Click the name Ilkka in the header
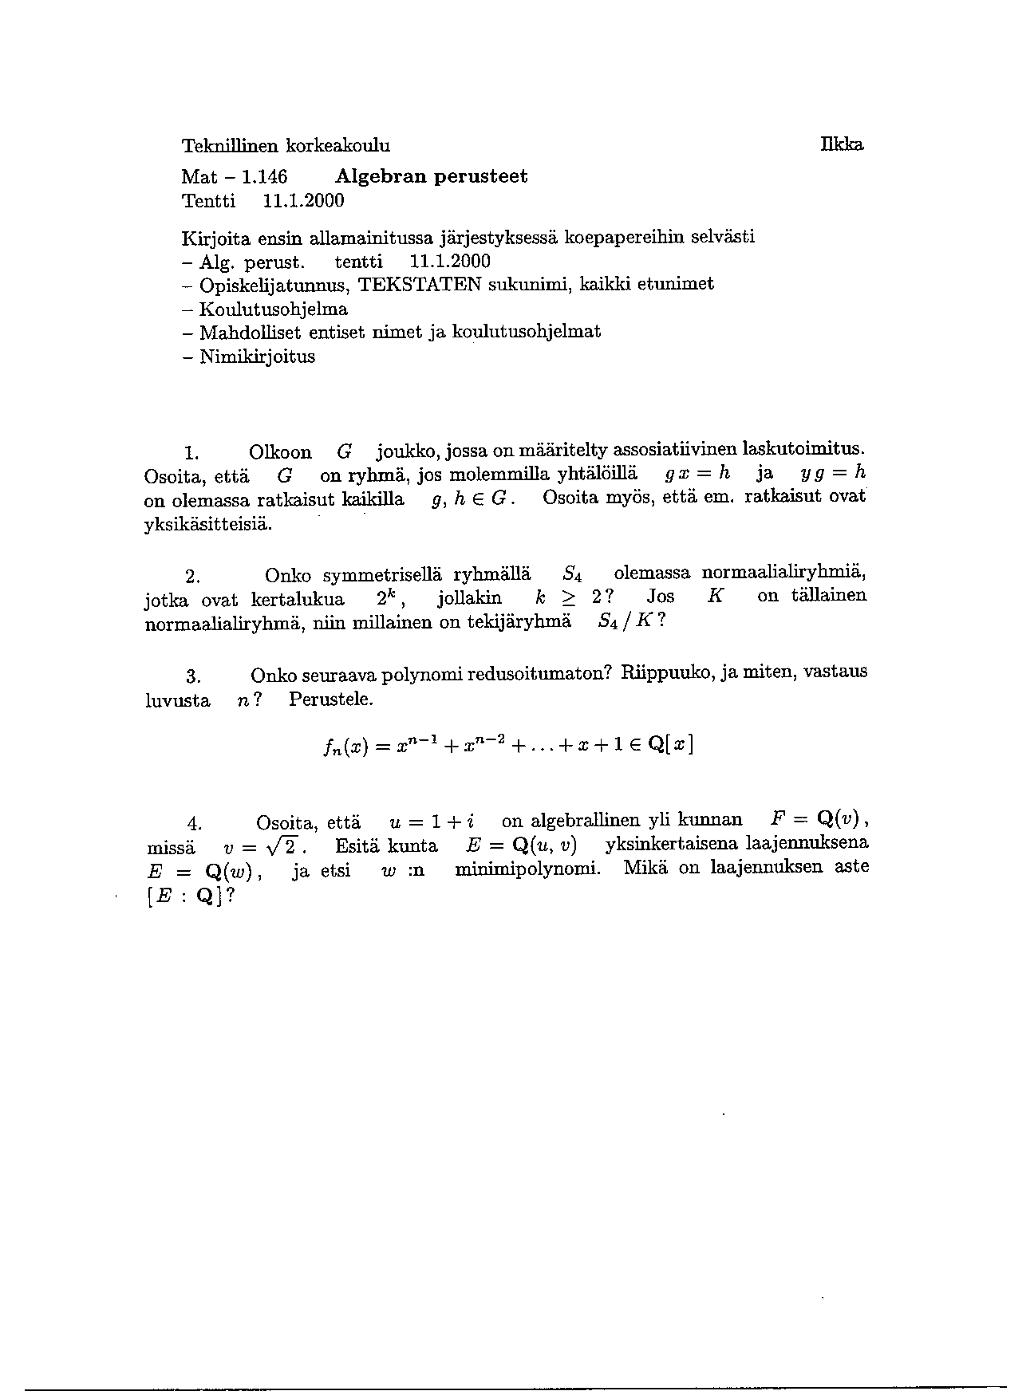[841, 144]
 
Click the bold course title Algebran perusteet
[432, 175]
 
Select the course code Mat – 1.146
[234, 176]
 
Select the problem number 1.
[191, 454]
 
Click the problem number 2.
[191, 576]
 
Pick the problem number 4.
[193, 823]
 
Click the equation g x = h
[697, 474]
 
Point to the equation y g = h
[832, 474]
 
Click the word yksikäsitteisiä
[208, 526]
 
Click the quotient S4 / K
[627, 622]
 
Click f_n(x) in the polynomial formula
[345, 747]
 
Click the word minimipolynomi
[528, 869]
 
